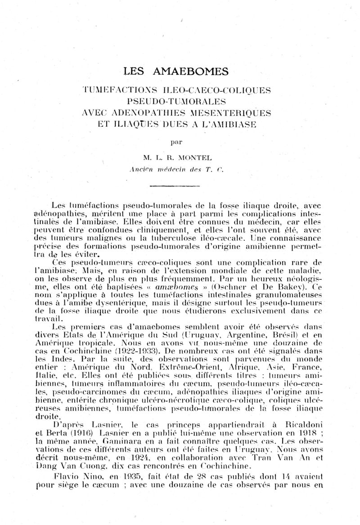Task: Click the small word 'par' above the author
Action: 180,142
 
